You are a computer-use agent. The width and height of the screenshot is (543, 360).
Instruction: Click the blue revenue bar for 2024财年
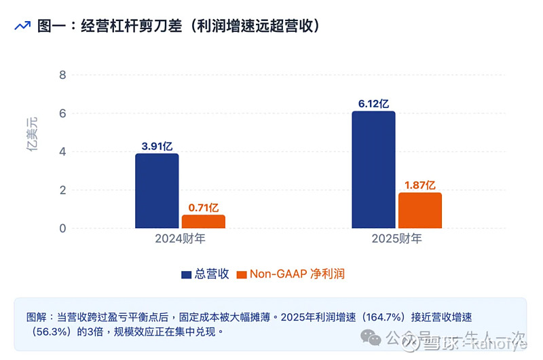click(157, 191)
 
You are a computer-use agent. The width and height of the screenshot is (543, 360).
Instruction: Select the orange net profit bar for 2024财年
click(203, 221)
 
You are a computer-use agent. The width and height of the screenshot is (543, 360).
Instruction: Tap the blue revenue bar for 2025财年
click(373, 170)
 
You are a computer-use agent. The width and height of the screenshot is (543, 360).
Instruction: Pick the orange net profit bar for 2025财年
click(420, 211)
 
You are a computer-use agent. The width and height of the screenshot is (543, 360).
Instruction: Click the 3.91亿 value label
click(157, 145)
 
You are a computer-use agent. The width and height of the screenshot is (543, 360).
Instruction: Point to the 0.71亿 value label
click(203, 206)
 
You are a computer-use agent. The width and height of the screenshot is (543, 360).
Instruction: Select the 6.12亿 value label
click(373, 103)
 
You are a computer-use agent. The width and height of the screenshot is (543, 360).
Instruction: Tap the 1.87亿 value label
click(420, 184)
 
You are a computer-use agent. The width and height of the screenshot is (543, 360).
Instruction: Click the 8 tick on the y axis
click(62, 75)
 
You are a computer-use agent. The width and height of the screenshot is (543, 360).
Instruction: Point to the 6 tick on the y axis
click(62, 113)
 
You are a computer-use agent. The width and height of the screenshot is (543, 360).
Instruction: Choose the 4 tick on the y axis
click(62, 151)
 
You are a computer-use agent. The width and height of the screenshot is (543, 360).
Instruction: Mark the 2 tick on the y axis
click(62, 190)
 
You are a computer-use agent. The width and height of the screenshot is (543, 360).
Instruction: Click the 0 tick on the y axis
click(62, 229)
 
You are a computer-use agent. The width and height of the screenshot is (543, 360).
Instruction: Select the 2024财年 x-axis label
click(180, 239)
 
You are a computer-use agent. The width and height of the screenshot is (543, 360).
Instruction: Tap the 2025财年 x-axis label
click(396, 239)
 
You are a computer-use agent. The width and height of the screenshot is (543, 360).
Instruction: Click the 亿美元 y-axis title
click(33, 134)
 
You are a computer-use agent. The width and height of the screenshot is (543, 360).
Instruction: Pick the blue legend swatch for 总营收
click(187, 274)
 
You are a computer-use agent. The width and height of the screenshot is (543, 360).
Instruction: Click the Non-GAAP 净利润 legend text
click(297, 274)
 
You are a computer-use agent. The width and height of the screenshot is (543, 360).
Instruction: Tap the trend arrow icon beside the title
click(22, 26)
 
